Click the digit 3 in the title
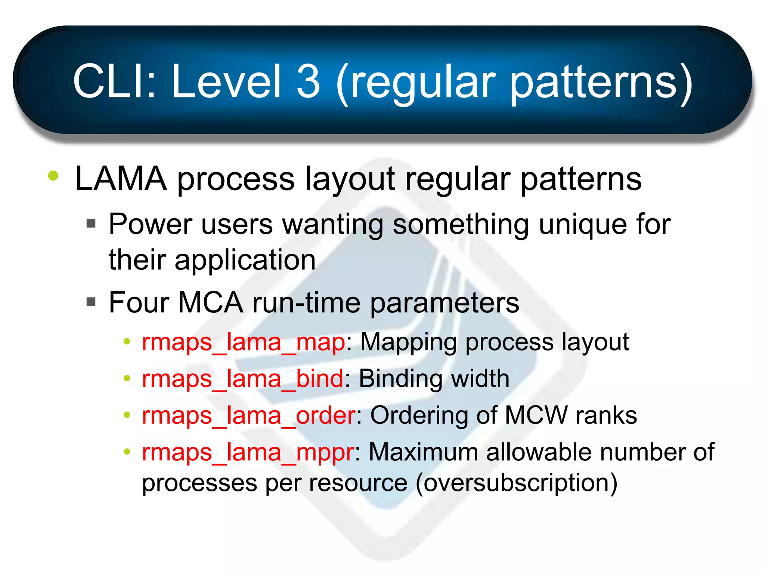309,81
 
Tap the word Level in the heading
226,81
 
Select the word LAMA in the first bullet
121,179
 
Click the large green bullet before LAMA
53,176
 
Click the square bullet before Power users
91,223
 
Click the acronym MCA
210,302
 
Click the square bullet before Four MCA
91,302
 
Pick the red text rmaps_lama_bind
242,379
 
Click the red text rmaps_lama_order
249,416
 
